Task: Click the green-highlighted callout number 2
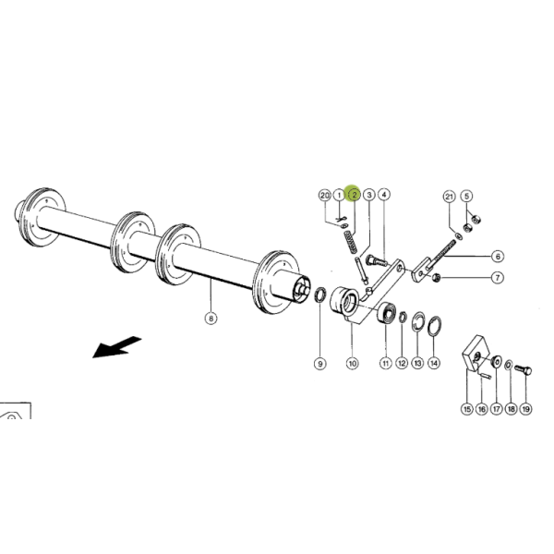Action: point(355,194)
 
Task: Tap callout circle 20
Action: point(325,195)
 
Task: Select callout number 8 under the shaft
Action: point(211,319)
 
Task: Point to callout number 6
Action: point(498,256)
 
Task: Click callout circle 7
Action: point(498,278)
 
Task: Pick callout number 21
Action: point(449,197)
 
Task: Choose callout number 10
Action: point(353,363)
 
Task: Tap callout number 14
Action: point(434,363)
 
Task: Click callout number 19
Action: point(526,409)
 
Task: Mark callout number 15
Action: point(466,409)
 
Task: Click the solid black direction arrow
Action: point(117,347)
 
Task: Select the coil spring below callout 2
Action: point(351,242)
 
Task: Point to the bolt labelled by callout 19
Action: point(524,370)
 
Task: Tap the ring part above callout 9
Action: point(320,295)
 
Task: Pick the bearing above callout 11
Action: point(387,312)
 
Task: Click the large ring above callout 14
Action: point(434,326)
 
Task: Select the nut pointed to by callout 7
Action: point(437,277)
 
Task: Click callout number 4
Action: point(384,194)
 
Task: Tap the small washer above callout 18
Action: point(509,365)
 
